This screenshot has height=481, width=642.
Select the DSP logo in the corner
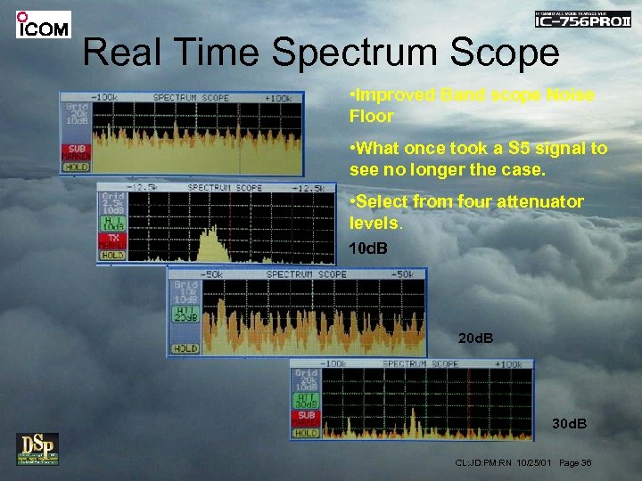[37, 448]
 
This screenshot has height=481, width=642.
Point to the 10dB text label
[368, 247]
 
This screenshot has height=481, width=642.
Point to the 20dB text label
[474, 338]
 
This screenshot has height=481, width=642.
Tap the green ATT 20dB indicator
[185, 313]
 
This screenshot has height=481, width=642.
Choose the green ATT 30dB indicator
[306, 400]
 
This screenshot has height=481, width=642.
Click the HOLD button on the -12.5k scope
[112, 255]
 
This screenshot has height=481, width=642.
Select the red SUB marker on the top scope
[76, 151]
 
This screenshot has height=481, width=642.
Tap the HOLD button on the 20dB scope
[185, 348]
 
